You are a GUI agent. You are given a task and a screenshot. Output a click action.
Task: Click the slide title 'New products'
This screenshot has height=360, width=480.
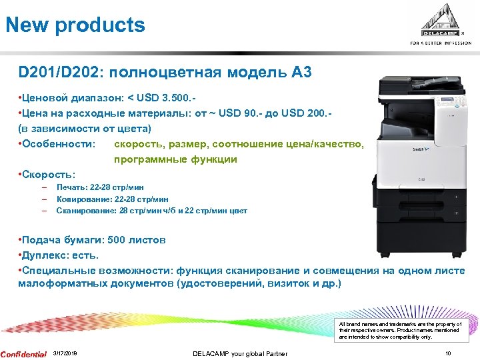pos(75,25)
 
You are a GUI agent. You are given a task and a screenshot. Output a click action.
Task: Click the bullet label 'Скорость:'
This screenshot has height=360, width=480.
pos(49,175)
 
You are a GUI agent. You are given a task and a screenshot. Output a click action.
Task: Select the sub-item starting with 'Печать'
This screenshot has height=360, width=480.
pos(100,187)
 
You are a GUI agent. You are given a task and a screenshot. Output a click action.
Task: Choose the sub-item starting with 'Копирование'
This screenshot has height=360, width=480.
pos(112,199)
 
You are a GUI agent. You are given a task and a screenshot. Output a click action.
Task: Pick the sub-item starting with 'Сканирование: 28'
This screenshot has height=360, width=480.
pos(151,211)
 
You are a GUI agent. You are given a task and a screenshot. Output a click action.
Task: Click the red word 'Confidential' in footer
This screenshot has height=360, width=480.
pos(23,353)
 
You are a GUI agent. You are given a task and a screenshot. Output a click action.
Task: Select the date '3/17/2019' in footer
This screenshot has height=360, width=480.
pos(65,353)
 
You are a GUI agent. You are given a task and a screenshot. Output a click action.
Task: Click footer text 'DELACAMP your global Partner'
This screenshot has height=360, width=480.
pos(240,353)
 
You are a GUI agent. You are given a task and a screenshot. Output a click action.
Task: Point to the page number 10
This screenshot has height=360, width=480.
pos(448,353)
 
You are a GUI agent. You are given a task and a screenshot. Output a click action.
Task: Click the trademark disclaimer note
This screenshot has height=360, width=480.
pos(401,330)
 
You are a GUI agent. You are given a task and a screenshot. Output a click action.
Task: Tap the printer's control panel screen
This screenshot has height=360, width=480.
pos(444,102)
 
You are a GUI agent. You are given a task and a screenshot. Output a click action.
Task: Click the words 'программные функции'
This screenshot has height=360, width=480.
pos(175,159)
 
